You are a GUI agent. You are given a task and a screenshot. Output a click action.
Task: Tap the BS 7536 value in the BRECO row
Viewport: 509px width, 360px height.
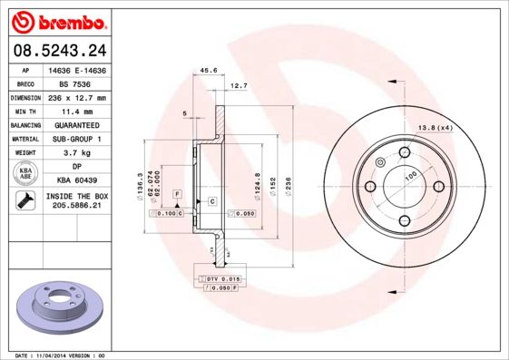click(x=75, y=83)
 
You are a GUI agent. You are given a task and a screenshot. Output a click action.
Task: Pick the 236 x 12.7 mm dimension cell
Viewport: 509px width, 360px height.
click(x=75, y=97)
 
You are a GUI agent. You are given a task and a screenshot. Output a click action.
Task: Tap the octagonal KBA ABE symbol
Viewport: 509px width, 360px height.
click(x=25, y=174)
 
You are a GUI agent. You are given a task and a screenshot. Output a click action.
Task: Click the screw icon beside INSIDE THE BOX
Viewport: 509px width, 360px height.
click(x=25, y=201)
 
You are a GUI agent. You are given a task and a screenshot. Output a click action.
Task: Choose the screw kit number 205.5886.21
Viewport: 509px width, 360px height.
click(x=75, y=207)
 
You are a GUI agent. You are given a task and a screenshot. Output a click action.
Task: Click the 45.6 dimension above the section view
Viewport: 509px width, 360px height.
click(x=208, y=70)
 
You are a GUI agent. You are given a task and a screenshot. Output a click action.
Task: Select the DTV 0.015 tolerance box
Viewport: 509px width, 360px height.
click(x=222, y=277)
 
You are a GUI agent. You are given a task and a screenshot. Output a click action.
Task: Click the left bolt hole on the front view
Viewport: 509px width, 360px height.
click(x=369, y=186)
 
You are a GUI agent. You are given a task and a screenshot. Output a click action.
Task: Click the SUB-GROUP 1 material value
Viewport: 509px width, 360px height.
click(x=75, y=139)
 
